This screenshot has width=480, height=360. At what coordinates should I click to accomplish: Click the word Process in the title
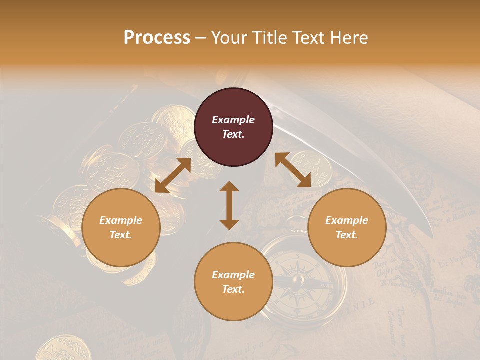157,38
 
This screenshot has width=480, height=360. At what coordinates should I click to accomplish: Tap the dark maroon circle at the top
233,127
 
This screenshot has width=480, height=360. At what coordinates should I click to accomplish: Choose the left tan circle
121,227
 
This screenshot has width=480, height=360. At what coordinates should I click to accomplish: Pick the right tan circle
347,227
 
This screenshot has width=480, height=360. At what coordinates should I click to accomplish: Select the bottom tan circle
233,282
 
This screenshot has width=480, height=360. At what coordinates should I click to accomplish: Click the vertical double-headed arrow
229,205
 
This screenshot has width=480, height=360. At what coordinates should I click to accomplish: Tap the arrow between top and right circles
293,170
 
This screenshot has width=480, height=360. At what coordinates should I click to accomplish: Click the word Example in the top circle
233,120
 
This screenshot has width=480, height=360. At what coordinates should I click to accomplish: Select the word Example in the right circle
347,220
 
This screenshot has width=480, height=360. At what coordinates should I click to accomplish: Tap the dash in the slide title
200,38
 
